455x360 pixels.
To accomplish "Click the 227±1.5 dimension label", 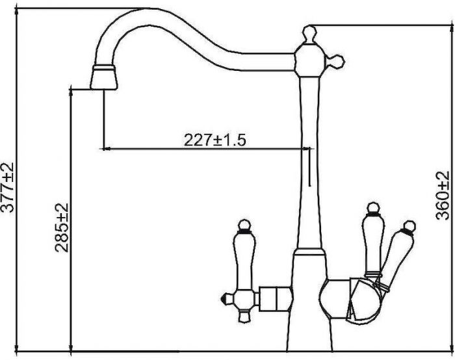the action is tap(215, 140).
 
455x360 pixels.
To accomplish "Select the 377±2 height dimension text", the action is tap(7, 187).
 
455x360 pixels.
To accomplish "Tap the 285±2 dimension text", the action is tap(62, 227).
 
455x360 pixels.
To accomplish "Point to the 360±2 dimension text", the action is tap(443, 196).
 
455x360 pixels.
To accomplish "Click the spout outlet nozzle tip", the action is tap(103, 77).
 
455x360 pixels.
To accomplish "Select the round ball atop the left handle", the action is tap(244, 225).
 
